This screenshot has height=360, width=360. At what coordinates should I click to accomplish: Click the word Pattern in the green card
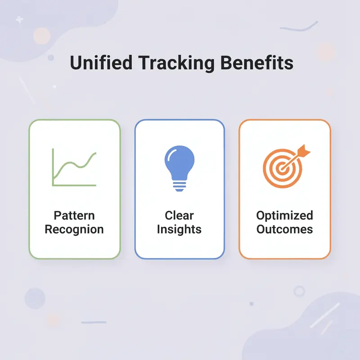pyautogui.click(x=74, y=215)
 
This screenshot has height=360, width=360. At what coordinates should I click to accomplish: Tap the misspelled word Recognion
pyautogui.click(x=74, y=229)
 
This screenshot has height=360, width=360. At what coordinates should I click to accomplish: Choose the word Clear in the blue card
pyautogui.click(x=179, y=215)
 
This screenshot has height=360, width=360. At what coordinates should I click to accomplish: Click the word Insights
pyautogui.click(x=179, y=229)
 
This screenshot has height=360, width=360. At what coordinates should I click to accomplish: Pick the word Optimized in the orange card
pyautogui.click(x=284, y=215)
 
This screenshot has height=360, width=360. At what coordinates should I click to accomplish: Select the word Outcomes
pyautogui.click(x=284, y=229)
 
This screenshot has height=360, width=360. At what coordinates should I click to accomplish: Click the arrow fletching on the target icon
pyautogui.click(x=305, y=151)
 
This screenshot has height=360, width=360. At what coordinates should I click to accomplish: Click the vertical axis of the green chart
pyautogui.click(x=53, y=166)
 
